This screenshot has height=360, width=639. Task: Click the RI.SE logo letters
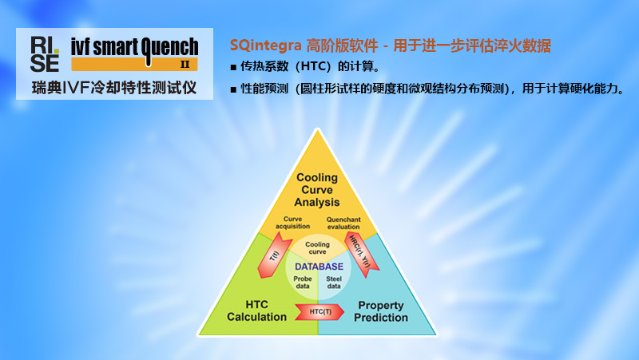tap(45, 53)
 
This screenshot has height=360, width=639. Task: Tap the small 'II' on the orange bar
tap(185, 65)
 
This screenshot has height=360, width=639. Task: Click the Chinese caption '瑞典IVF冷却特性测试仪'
tap(113, 86)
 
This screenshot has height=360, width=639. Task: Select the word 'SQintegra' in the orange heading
tap(264, 45)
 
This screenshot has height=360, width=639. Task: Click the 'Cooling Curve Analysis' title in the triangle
tap(317, 189)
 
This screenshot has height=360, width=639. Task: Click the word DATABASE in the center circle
tap(319, 266)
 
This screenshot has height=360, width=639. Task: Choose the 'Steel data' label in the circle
tap(334, 282)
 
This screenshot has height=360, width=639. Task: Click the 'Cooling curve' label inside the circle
tap(318, 248)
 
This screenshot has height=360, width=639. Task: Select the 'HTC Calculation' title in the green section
tap(256, 311)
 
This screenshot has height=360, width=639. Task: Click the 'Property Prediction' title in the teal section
tap(381, 311)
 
